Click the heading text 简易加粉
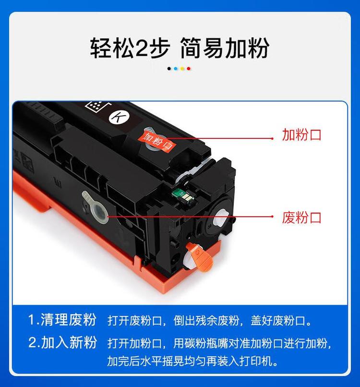pyautogui.click(x=225, y=48)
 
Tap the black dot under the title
pyautogui.click(x=169, y=69)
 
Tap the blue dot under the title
pyautogui.click(x=176, y=69)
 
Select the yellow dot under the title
pyautogui.click(x=182, y=69)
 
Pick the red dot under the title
pyautogui.click(x=189, y=69)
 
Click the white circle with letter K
pyautogui.click(x=117, y=117)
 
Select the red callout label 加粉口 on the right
pyautogui.click(x=301, y=135)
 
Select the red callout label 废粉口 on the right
pyautogui.click(x=301, y=218)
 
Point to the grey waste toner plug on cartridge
pyautogui.click(x=96, y=207)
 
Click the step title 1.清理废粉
pyautogui.click(x=62, y=319)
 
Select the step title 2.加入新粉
pyautogui.click(x=62, y=343)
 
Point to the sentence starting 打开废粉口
pyautogui.click(x=210, y=320)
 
